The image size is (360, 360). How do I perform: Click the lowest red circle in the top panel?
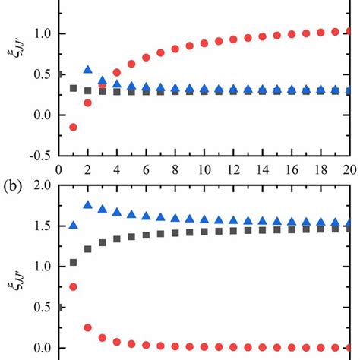(73, 127)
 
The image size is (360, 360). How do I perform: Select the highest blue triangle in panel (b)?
(87, 205)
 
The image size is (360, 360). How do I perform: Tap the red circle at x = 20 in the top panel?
(349, 31)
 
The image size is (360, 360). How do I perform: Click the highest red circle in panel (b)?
(73, 286)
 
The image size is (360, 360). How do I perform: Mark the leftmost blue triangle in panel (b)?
(73, 225)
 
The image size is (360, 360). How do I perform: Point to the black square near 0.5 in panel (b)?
(58, 307)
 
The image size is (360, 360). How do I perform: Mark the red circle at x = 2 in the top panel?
(87, 103)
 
